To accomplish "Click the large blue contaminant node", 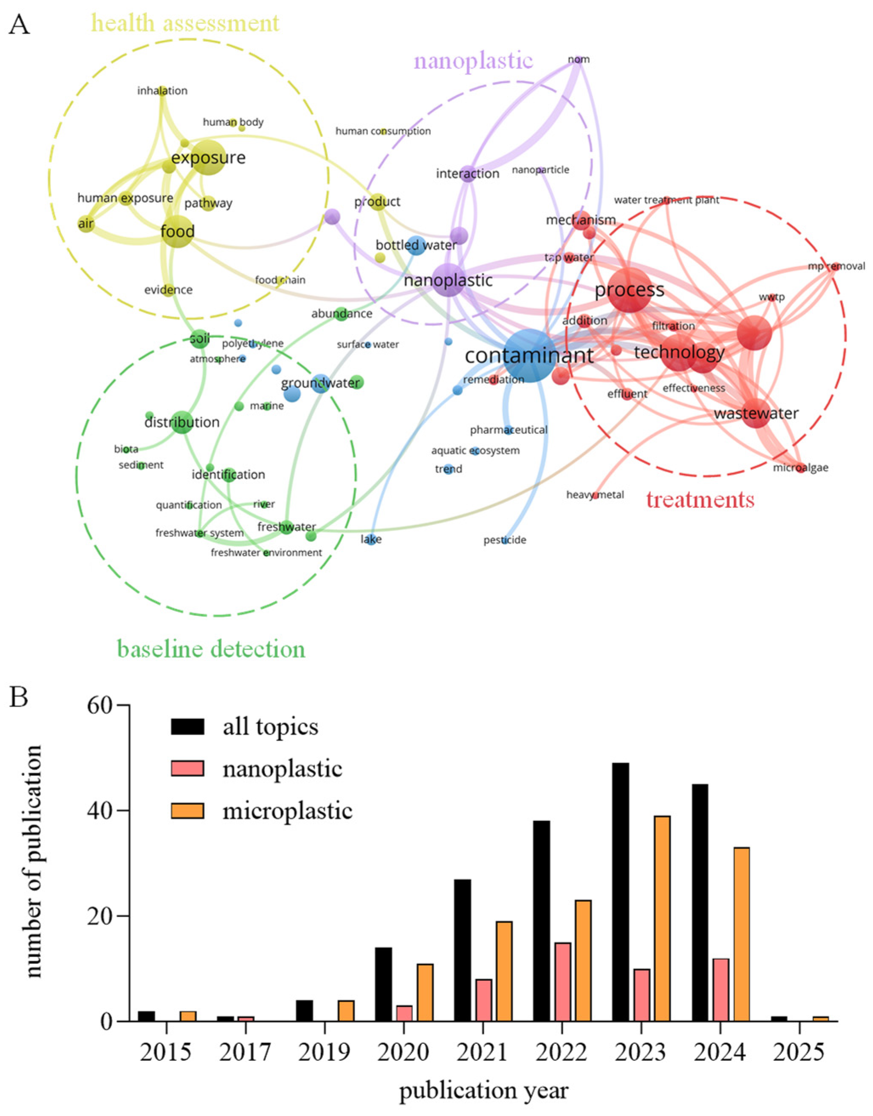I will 529,355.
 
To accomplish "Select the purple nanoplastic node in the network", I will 449,280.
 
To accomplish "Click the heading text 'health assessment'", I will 185,23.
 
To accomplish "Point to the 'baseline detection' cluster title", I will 211,649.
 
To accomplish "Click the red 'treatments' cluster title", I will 700,499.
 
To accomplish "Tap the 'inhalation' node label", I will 163,91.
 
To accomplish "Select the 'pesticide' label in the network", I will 505,540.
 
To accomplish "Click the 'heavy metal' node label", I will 595,494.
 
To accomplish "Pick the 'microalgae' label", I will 800,467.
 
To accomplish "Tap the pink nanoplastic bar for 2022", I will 563,982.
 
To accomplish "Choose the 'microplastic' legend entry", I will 287,811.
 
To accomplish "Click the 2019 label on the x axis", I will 324,1052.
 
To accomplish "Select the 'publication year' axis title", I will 483,1091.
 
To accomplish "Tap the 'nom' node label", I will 579,59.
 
